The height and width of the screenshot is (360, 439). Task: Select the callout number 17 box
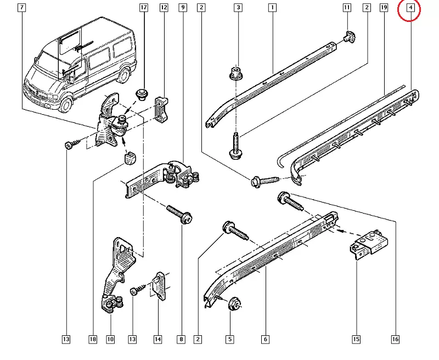(x=144, y=8)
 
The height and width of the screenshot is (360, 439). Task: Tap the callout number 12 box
(x=164, y=8)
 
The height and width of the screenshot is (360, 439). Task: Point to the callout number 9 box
(x=183, y=8)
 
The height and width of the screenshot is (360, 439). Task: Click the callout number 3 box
(x=238, y=8)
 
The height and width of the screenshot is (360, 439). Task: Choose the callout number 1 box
(x=272, y=8)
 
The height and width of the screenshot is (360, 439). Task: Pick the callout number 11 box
(x=347, y=8)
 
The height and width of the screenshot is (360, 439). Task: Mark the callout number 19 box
(x=384, y=8)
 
